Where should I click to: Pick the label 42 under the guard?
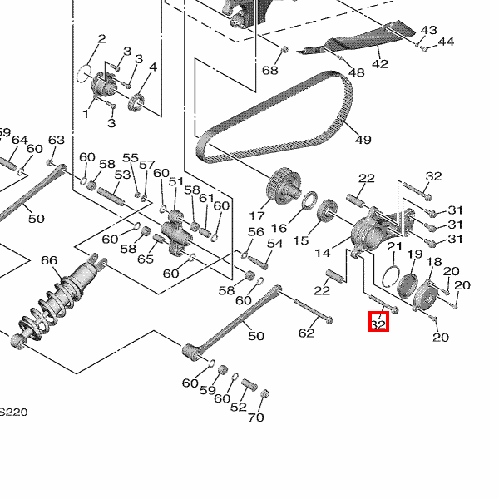(x=380, y=64)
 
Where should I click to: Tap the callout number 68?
(x=270, y=70)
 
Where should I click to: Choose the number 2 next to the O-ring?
(x=101, y=39)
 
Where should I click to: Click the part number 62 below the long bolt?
(x=307, y=333)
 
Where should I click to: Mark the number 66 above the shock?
(x=49, y=261)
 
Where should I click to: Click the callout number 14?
(x=321, y=251)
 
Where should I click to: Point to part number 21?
(x=394, y=247)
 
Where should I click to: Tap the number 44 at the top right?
(x=446, y=42)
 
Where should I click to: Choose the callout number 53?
(x=122, y=175)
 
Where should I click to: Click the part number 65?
(x=146, y=259)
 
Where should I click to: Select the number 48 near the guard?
(x=356, y=72)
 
